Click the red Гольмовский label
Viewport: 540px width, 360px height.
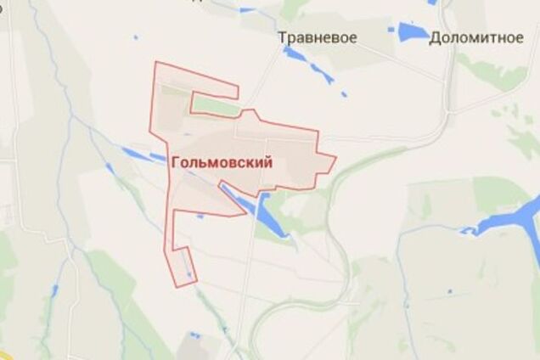[222, 164]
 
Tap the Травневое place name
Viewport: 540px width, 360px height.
[317, 37]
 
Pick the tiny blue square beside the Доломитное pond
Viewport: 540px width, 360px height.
[391, 30]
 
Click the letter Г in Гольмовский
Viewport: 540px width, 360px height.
[175, 164]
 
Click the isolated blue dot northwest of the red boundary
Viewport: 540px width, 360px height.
[135, 37]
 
